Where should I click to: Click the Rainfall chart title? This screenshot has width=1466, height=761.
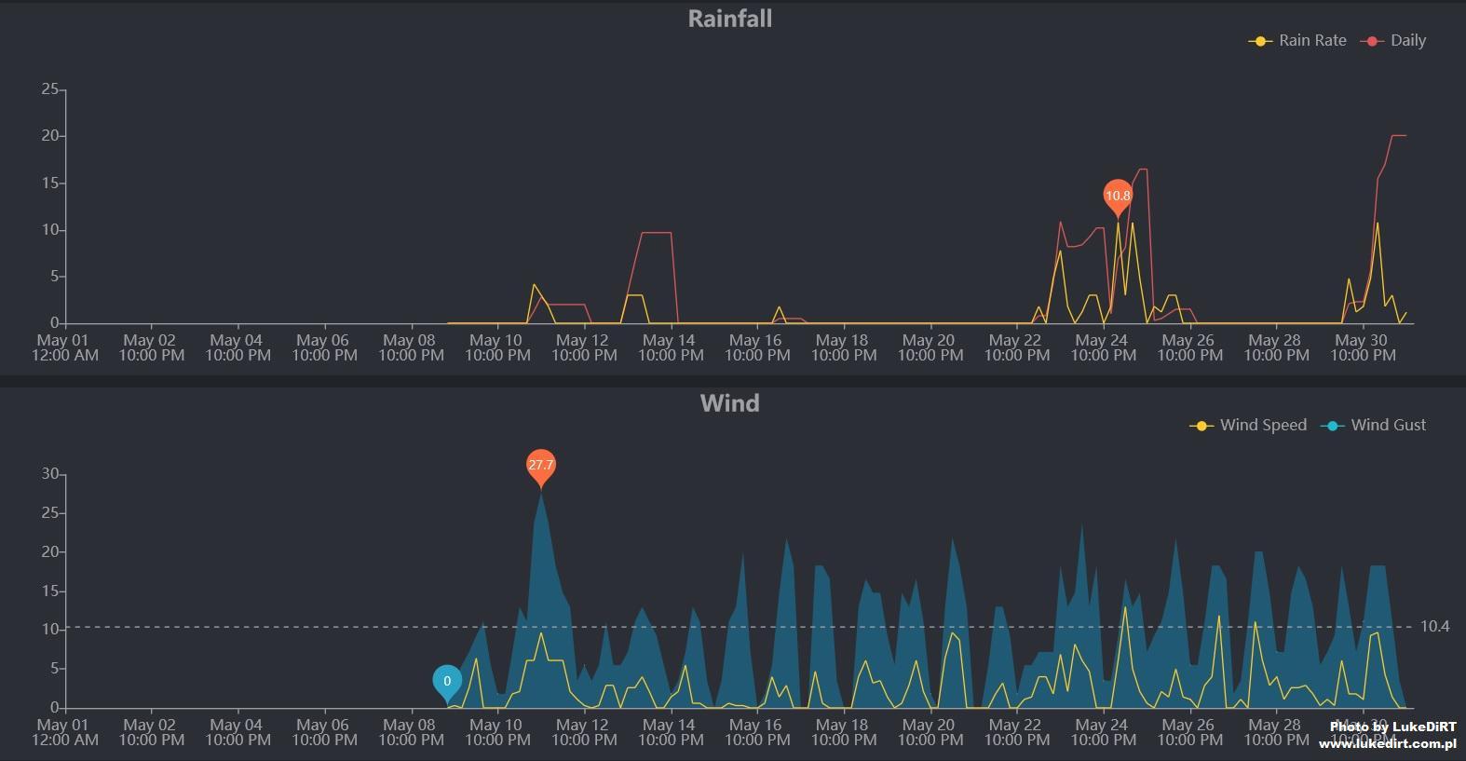tap(729, 19)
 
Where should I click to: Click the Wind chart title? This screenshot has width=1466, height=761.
tap(729, 403)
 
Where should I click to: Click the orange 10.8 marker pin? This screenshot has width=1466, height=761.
tap(1118, 196)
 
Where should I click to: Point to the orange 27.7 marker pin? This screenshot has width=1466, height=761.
tap(540, 465)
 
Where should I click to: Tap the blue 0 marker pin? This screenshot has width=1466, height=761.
tap(447, 682)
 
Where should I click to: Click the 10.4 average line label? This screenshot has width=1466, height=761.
tap(1435, 626)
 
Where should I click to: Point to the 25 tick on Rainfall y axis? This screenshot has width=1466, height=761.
tap(49, 89)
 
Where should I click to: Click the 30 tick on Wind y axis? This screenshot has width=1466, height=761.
tap(49, 474)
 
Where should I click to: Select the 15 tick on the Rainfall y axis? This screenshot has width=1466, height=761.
tap(49, 183)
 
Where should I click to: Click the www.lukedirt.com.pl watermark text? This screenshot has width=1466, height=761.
tap(1387, 743)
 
